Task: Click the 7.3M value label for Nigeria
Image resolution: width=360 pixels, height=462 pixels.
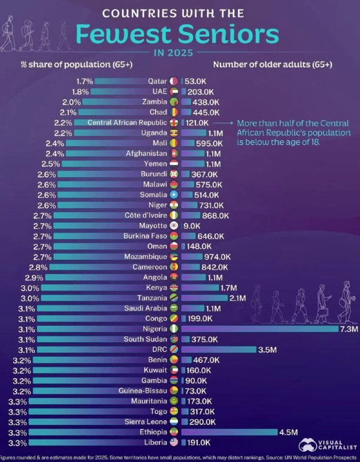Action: click(x=349, y=329)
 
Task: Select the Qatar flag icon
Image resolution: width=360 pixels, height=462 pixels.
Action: click(x=174, y=81)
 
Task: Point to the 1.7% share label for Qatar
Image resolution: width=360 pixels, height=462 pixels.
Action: click(x=84, y=81)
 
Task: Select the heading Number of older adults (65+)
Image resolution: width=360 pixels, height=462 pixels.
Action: click(x=273, y=65)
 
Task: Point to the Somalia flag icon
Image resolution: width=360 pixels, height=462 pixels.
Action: click(x=174, y=195)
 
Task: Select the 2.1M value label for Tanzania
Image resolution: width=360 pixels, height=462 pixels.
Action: click(x=237, y=298)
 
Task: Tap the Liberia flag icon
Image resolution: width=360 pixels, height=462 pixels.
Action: click(x=174, y=442)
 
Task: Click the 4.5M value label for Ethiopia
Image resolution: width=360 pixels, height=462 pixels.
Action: click(x=288, y=432)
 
